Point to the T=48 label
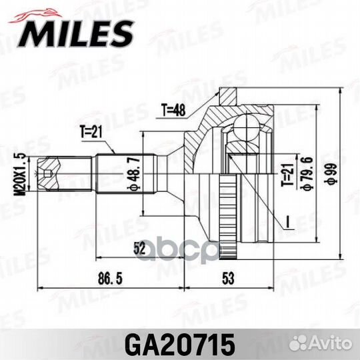(175, 110)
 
